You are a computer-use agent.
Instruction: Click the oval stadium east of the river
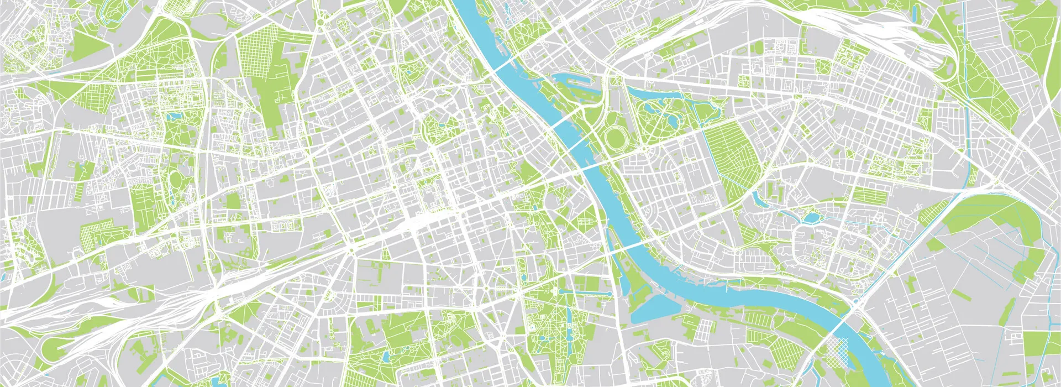[614, 137]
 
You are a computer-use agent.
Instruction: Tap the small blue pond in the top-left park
[176, 116]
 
